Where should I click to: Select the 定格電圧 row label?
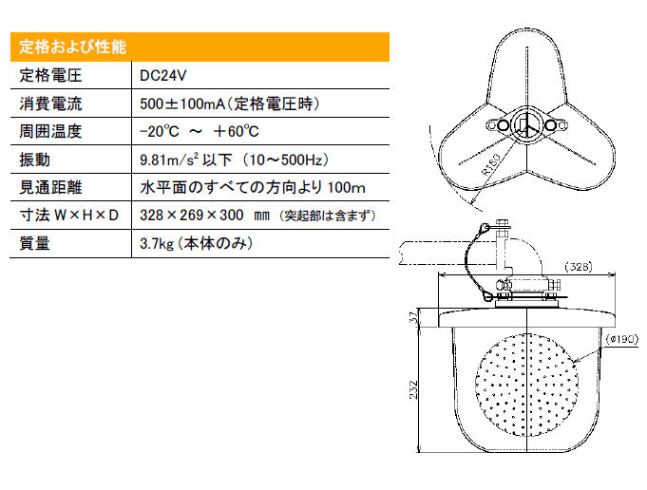click(50, 75)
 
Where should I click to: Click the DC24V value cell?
click(163, 75)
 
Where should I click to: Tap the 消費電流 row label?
click(50, 104)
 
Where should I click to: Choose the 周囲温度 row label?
click(50, 132)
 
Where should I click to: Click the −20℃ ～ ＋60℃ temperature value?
click(200, 132)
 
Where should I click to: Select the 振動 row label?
click(34, 160)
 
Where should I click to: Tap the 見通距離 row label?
click(50, 188)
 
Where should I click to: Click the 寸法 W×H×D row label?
click(69, 216)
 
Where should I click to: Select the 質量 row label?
click(34, 243)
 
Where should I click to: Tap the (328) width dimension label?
click(578, 267)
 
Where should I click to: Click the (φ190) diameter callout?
click(622, 339)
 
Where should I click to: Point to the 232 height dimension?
click(413, 389)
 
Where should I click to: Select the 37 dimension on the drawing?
click(413, 317)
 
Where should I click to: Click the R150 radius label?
click(491, 163)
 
